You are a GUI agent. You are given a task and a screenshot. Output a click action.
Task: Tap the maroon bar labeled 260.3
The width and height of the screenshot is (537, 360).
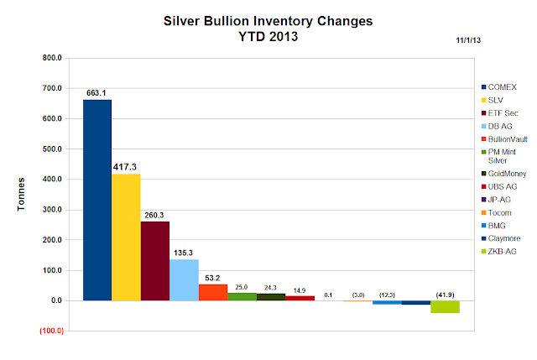(154, 261)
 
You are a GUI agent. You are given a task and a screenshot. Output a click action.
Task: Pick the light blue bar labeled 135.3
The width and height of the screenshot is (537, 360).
(184, 279)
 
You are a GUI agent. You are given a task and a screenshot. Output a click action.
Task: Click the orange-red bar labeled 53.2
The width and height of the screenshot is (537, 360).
(212, 292)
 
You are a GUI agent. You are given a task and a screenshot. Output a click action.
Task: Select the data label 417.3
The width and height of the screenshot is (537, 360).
(126, 167)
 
